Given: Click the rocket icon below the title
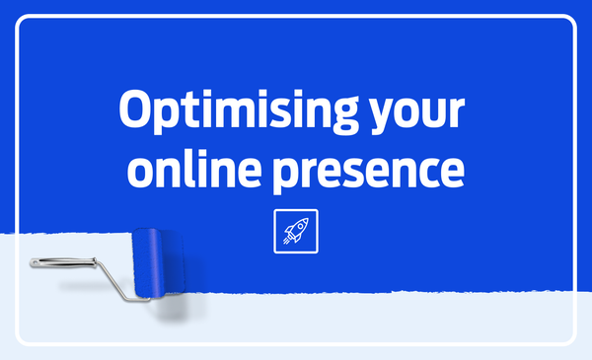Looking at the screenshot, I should (296, 232).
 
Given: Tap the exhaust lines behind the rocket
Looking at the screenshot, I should (286, 242).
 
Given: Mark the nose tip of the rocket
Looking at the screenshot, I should (308, 220).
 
